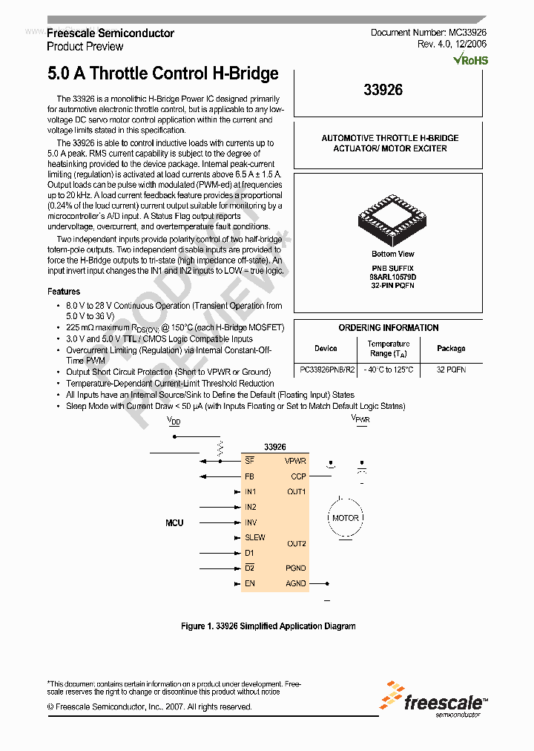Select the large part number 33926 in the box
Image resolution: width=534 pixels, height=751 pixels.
(383, 90)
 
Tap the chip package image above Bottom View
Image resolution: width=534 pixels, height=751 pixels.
(393, 219)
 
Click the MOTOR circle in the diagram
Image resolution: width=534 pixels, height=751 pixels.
(345, 518)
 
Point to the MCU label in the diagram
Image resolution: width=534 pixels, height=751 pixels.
(174, 523)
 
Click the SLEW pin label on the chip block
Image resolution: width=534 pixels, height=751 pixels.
(254, 537)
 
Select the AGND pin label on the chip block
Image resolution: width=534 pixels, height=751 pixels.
(295, 583)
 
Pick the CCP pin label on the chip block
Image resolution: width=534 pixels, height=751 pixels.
(298, 476)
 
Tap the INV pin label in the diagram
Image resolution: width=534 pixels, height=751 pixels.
(251, 522)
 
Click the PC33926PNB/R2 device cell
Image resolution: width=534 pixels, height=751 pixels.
(327, 370)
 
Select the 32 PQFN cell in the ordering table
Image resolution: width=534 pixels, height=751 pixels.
(451, 370)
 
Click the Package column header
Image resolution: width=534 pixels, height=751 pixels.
(451, 348)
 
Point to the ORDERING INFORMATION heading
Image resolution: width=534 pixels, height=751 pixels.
(389, 327)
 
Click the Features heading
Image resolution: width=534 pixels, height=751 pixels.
(64, 292)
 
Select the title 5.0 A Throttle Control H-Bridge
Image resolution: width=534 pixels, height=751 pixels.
(163, 73)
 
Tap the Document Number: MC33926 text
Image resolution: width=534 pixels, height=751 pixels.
(428, 33)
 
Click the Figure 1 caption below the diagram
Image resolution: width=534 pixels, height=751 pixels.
(268, 626)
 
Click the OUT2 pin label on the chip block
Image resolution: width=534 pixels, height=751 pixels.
(297, 544)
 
